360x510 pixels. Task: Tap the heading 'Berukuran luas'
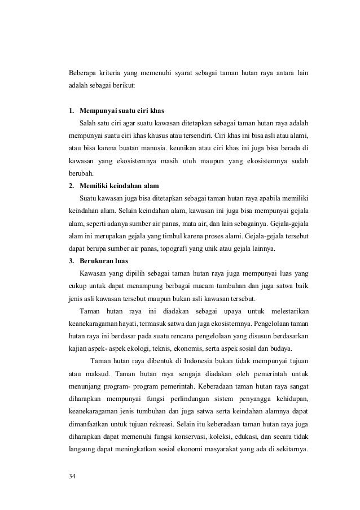[104, 261]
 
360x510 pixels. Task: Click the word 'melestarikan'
[289, 311]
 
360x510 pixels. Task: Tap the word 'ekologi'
[150, 349]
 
